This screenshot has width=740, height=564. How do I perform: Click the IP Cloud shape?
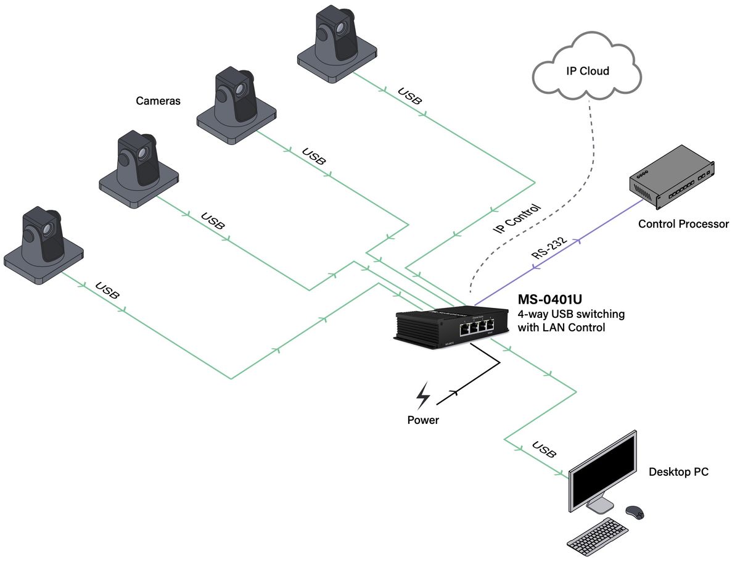(x=587, y=68)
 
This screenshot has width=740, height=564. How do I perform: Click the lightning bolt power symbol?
(x=423, y=396)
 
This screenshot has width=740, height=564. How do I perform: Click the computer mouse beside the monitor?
(x=635, y=512)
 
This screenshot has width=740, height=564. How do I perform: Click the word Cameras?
(x=158, y=101)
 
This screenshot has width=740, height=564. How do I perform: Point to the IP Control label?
(x=517, y=219)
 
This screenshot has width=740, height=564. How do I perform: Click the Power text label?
(x=423, y=420)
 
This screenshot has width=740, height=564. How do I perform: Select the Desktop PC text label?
(x=678, y=472)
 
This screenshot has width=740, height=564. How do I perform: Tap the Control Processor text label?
(x=683, y=224)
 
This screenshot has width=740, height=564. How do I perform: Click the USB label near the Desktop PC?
(x=545, y=450)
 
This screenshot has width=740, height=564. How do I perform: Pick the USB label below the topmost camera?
(x=410, y=96)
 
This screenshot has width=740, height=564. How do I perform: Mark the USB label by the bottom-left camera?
(x=108, y=291)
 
